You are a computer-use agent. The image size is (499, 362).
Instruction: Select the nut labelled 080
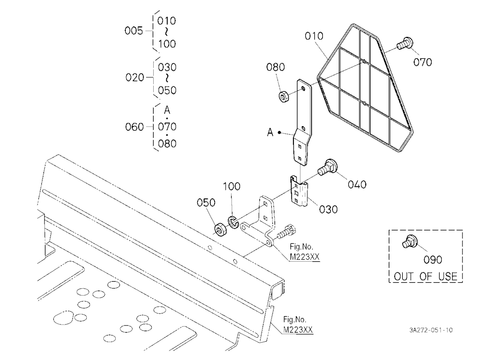[x=283, y=96]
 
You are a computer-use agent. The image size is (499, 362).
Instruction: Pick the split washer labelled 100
[x=233, y=222]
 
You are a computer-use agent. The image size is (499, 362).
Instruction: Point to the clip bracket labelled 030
[x=299, y=191]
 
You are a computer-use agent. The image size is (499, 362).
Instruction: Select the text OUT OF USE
[x=426, y=276]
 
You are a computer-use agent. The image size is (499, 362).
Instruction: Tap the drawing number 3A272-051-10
[x=431, y=330]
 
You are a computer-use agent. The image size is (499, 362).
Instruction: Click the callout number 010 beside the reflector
[x=314, y=36]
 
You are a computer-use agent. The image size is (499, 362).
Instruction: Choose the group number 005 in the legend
[x=134, y=31]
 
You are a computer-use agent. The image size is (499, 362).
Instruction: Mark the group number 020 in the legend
[x=135, y=77]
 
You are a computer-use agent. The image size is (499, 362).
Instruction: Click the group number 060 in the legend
[x=134, y=127]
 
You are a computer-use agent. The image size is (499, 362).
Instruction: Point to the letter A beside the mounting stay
[x=270, y=132]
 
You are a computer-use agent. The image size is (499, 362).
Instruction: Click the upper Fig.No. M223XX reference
[x=304, y=252]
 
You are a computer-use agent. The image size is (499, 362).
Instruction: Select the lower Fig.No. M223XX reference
[x=298, y=325]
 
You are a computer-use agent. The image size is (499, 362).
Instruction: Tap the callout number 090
[x=433, y=260]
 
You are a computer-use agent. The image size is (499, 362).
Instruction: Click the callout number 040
[x=357, y=184]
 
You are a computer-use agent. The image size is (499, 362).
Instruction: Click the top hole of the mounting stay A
[x=303, y=88]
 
